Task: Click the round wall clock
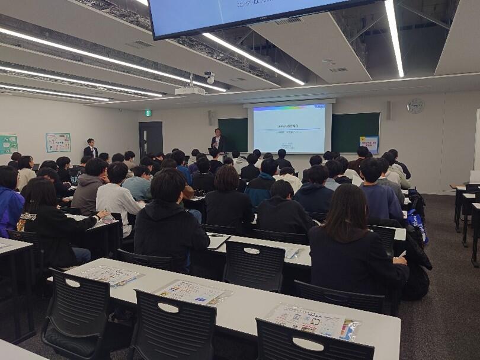click(415, 106)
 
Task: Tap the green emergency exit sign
click(148, 113)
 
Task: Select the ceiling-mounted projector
click(190, 90)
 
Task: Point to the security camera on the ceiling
click(209, 77)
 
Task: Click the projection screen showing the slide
click(289, 128)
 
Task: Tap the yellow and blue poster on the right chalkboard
click(368, 144)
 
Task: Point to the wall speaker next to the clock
click(389, 110)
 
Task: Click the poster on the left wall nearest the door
click(58, 142)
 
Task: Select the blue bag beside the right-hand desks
click(417, 225)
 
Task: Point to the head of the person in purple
click(8, 177)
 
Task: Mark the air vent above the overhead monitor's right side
click(288, 21)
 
